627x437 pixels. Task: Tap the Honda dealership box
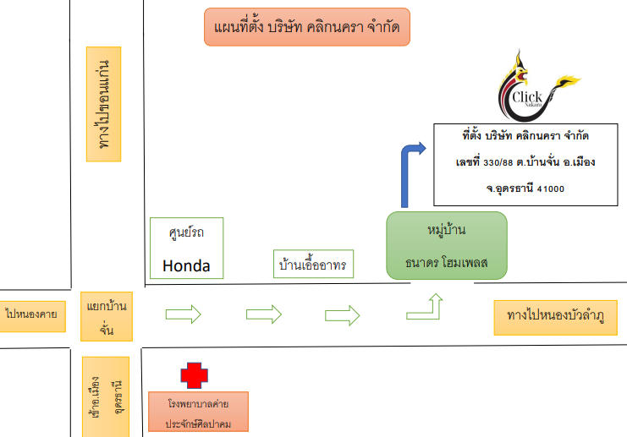point(186,249)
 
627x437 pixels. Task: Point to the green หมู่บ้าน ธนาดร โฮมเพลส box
point(447,245)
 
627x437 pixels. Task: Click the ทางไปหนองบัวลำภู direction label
point(556,316)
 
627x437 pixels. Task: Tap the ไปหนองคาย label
point(33,314)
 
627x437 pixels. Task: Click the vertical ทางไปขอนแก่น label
point(105,104)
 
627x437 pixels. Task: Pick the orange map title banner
point(307,27)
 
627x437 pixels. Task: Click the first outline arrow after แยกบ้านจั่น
point(183,314)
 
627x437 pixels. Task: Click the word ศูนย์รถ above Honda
point(186,230)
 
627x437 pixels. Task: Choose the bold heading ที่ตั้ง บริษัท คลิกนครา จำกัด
point(525,134)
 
